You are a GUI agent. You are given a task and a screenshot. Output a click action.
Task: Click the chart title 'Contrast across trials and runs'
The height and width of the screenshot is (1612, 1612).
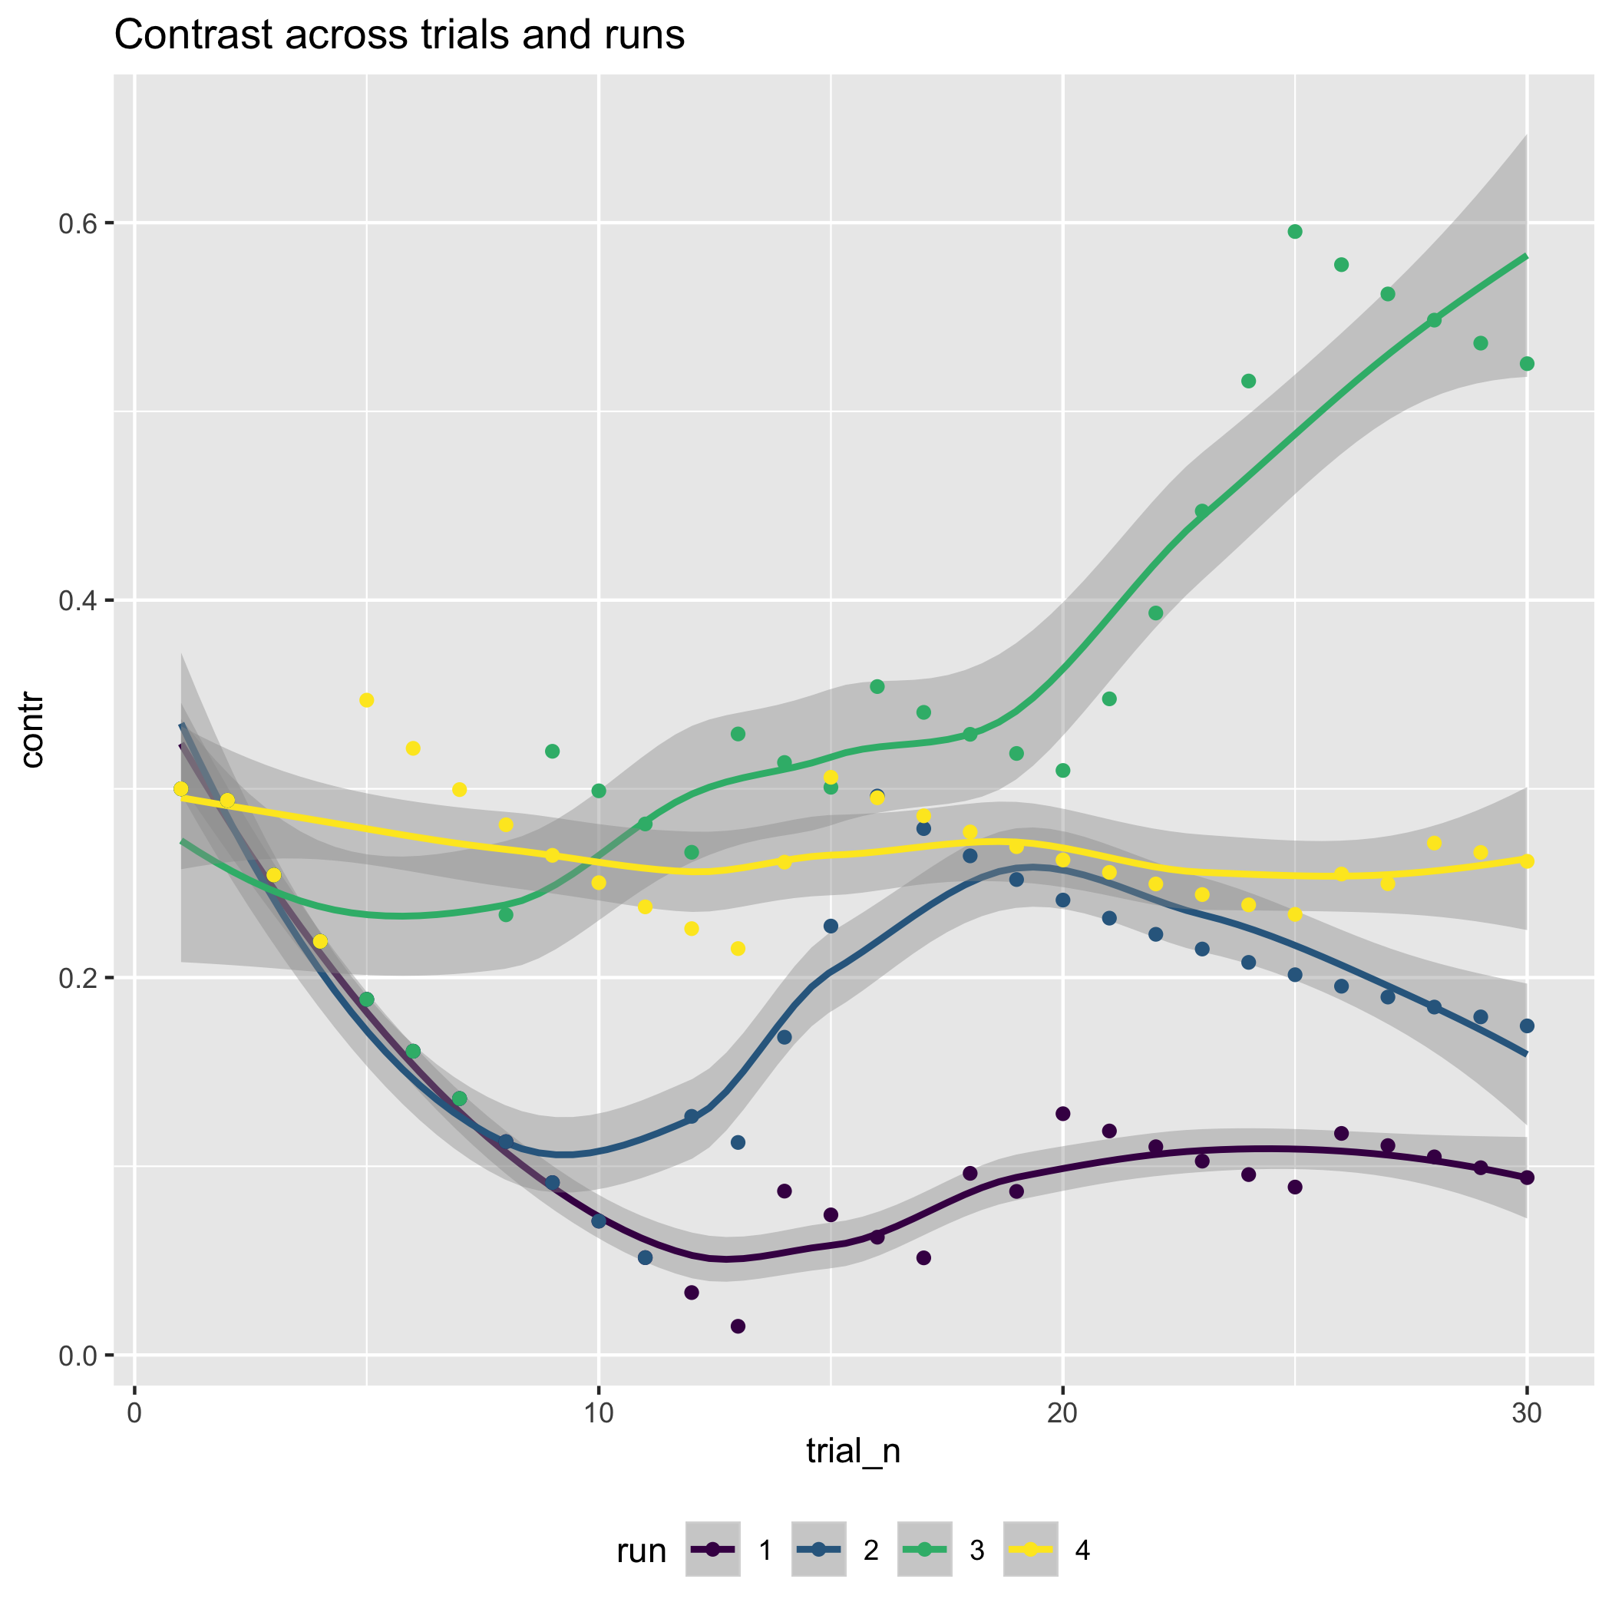(x=399, y=36)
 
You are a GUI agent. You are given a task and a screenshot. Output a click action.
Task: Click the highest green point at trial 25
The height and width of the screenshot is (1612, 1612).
(x=1295, y=232)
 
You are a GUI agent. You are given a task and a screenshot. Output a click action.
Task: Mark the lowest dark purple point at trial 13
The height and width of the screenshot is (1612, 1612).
(x=738, y=1326)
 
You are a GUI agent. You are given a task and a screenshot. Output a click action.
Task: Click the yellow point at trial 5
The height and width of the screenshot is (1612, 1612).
(x=366, y=700)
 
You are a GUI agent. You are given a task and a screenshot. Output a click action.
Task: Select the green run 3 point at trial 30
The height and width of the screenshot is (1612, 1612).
(x=1527, y=364)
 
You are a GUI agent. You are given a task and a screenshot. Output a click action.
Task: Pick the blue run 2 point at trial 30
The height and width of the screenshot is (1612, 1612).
(x=1527, y=1026)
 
